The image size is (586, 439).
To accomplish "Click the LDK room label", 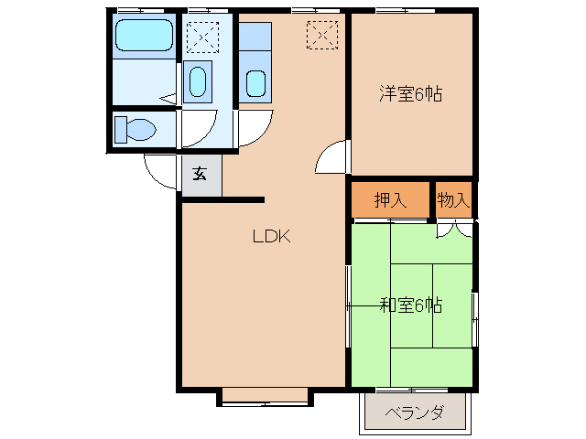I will pos(271,236).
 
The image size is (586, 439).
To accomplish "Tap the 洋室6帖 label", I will pos(411,93).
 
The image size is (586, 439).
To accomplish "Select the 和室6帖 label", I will pos(410,305).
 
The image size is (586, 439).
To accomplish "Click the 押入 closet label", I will pos(390,200).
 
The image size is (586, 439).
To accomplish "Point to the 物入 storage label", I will pos(452,200).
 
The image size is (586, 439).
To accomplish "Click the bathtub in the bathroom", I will pos(143,37).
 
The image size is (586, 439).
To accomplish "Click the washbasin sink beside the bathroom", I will pos(198,82).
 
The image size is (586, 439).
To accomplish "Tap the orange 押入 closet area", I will pos(390,200).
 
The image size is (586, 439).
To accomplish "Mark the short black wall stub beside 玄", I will pos(243,198).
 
